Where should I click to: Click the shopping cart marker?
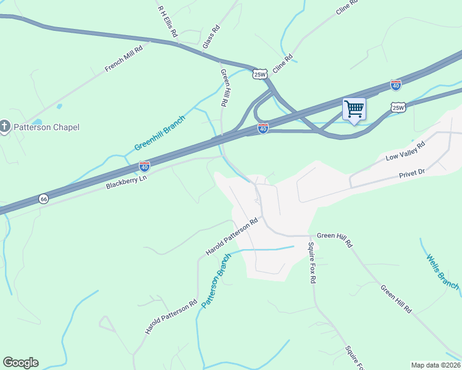pos(354,109)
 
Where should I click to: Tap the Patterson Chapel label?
pos(48,127)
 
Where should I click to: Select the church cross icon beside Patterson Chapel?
pos(5,127)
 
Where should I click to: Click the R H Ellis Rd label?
pos(167,22)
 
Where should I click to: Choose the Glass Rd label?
pos(211,37)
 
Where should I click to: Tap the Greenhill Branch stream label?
pos(160,133)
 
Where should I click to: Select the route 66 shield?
pos(43,199)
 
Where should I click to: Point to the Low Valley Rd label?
pos(406,150)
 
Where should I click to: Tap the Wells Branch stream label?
pos(442,272)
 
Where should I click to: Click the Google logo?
pos(20,363)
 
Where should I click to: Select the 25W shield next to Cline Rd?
pos(261,75)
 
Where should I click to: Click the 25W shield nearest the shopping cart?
pos(398,108)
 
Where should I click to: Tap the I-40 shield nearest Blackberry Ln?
pos(144,166)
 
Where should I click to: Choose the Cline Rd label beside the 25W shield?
pos(282,65)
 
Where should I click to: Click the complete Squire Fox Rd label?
pos(313,263)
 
